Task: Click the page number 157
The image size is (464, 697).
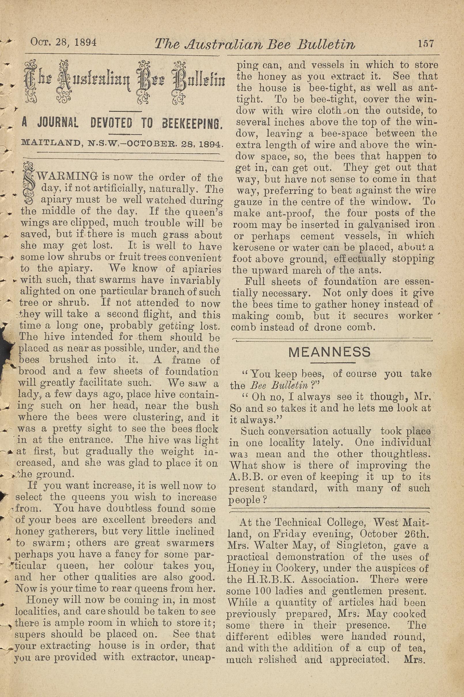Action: click(426, 44)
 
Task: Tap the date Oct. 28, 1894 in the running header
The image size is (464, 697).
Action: click(64, 42)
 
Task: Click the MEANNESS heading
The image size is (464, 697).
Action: click(329, 352)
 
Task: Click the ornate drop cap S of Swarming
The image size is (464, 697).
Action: click(29, 184)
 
